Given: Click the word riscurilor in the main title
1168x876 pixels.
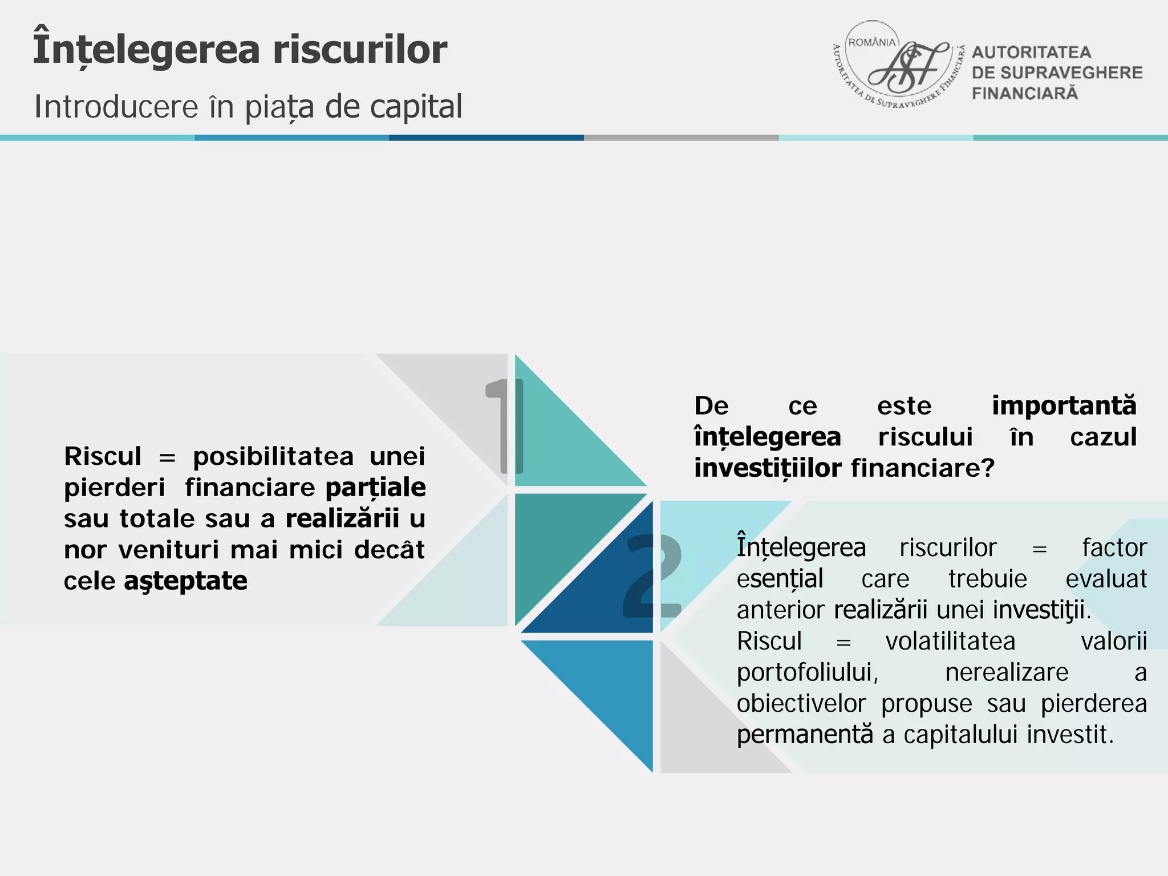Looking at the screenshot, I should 359,50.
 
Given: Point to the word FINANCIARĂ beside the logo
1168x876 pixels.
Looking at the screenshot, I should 1024,94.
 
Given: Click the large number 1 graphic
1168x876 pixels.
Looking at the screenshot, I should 504,426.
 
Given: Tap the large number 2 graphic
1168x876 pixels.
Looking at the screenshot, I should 652,576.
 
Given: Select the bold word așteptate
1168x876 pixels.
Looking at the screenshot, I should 185,582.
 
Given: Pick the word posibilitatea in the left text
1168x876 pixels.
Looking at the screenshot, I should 273,457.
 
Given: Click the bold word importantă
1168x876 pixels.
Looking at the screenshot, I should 1064,405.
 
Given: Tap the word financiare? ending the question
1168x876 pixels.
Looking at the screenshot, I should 922,468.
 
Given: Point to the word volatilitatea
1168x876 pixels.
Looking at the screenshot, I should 950,642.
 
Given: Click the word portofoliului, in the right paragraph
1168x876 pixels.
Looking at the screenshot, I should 807,673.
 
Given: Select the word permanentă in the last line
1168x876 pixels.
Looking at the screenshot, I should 804,735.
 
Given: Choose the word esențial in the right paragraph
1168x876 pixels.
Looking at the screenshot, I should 780,579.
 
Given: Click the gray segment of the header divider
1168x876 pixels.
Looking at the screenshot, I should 681,138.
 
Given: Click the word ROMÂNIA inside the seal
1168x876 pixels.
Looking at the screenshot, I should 872,43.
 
